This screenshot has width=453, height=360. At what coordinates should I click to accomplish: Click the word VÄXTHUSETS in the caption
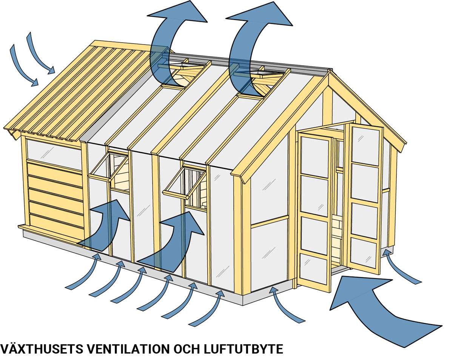[x=41, y=349]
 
